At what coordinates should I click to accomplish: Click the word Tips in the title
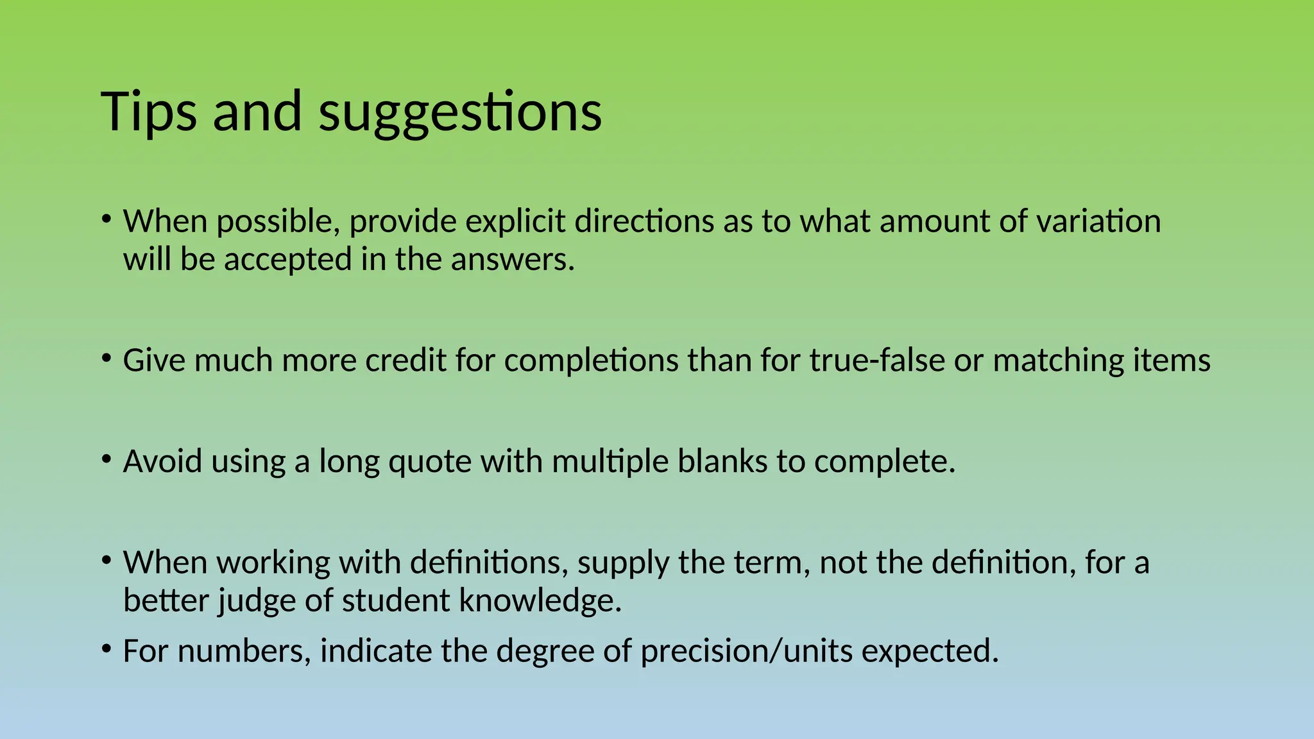click(x=148, y=112)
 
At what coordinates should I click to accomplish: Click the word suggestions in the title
click(x=460, y=112)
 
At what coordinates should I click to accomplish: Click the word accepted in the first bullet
click(x=287, y=260)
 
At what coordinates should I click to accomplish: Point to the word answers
click(x=512, y=260)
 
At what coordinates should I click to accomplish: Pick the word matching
click(x=1058, y=361)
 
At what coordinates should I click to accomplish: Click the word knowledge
click(x=540, y=601)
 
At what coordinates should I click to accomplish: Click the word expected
click(x=930, y=651)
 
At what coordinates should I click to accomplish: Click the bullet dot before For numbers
click(x=107, y=649)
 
